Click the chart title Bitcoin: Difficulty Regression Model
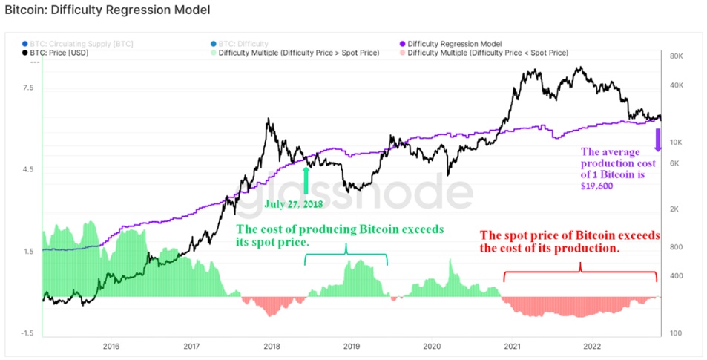point(107,10)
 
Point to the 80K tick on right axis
point(677,56)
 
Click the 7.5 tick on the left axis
point(29,88)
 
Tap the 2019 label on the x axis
point(352,346)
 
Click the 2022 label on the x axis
point(591,346)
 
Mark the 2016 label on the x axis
point(111,346)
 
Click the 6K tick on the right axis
point(676,163)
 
